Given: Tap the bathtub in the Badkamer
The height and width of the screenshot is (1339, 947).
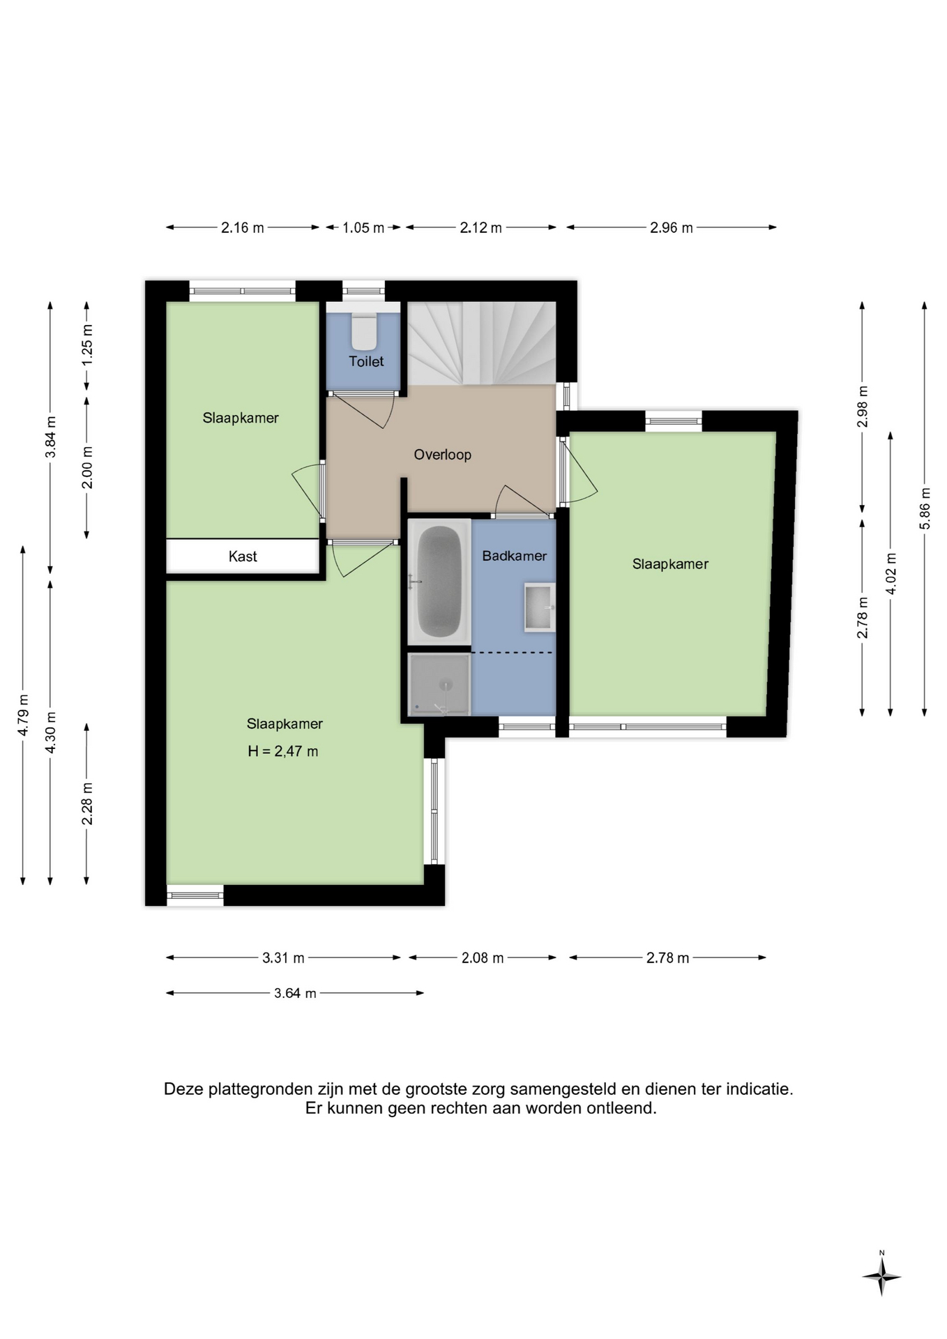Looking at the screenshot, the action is point(439,582).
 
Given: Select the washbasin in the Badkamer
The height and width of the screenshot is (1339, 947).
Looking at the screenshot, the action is point(539,607).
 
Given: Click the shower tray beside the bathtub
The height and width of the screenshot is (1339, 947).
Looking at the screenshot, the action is point(439,684).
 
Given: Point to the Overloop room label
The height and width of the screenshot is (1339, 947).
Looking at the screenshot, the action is point(443,455).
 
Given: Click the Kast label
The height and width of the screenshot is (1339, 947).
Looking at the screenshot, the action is point(243,557).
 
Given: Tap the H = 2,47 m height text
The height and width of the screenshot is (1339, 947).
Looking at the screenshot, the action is point(283,751).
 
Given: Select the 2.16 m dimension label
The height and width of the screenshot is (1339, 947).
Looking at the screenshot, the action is point(243,227).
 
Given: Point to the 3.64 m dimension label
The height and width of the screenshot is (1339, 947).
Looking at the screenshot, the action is point(295,993).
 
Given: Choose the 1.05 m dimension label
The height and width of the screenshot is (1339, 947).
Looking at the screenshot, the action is point(363,227).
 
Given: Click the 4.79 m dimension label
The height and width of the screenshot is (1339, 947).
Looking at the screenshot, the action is point(23,714).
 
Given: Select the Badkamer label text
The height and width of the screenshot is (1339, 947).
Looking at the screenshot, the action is point(515,556).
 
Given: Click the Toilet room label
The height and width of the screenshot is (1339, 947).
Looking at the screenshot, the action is point(366,361).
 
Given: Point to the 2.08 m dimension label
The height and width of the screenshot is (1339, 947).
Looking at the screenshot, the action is point(483,958).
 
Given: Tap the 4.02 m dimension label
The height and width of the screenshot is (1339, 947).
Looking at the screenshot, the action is point(891,573).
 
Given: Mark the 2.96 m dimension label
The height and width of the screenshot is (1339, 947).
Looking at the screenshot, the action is point(672,227).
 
